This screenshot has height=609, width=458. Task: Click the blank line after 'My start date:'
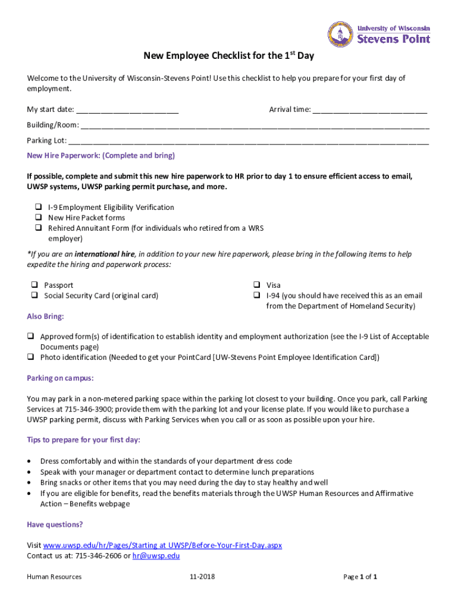(x=127, y=110)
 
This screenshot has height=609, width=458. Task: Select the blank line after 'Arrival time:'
(x=369, y=110)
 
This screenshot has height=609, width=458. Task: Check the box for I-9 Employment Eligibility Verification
(x=37, y=207)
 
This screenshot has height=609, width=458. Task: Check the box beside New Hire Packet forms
(x=37, y=218)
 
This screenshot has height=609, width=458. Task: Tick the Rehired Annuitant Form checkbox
(x=37, y=228)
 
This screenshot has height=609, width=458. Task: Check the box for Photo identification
(x=30, y=357)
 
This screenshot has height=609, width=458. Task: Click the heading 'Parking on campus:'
(x=60, y=378)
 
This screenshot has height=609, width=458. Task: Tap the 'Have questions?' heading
(x=55, y=525)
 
